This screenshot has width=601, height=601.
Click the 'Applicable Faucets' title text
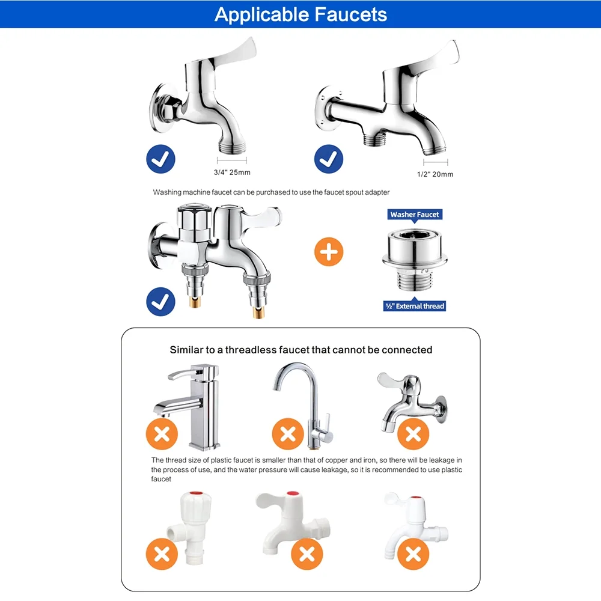[300, 14]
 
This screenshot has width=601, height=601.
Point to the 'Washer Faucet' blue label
[415, 215]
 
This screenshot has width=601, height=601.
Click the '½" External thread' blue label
[415, 306]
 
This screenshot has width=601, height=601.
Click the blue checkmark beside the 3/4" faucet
[161, 159]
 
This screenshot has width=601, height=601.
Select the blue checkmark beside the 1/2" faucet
[329, 159]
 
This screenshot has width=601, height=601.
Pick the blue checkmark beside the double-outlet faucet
[161, 302]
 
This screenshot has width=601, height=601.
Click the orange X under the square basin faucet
[162, 433]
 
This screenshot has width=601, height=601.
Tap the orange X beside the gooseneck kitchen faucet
[287, 433]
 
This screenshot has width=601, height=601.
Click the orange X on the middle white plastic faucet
[307, 554]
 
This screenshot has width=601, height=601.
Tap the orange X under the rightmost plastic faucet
[412, 554]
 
